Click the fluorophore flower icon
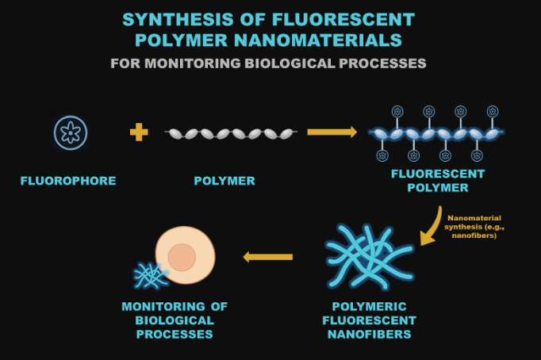click(x=70, y=132)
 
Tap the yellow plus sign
click(x=139, y=132)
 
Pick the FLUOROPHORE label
click(x=68, y=181)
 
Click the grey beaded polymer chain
click(x=230, y=133)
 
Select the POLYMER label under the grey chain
click(x=224, y=181)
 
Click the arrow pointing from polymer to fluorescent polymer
click(x=332, y=132)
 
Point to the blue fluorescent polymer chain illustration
click(x=437, y=133)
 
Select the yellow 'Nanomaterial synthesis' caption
click(x=474, y=226)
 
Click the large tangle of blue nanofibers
click(x=369, y=256)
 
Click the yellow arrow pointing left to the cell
click(x=268, y=256)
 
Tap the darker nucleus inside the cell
click(x=182, y=257)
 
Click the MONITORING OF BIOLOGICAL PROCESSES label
click(x=174, y=320)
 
